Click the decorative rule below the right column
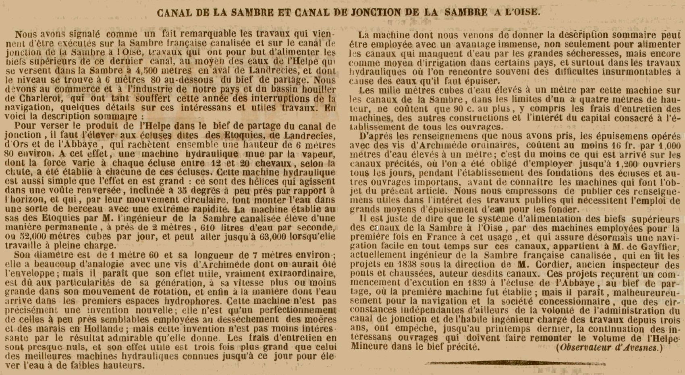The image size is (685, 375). [x=516, y=363]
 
